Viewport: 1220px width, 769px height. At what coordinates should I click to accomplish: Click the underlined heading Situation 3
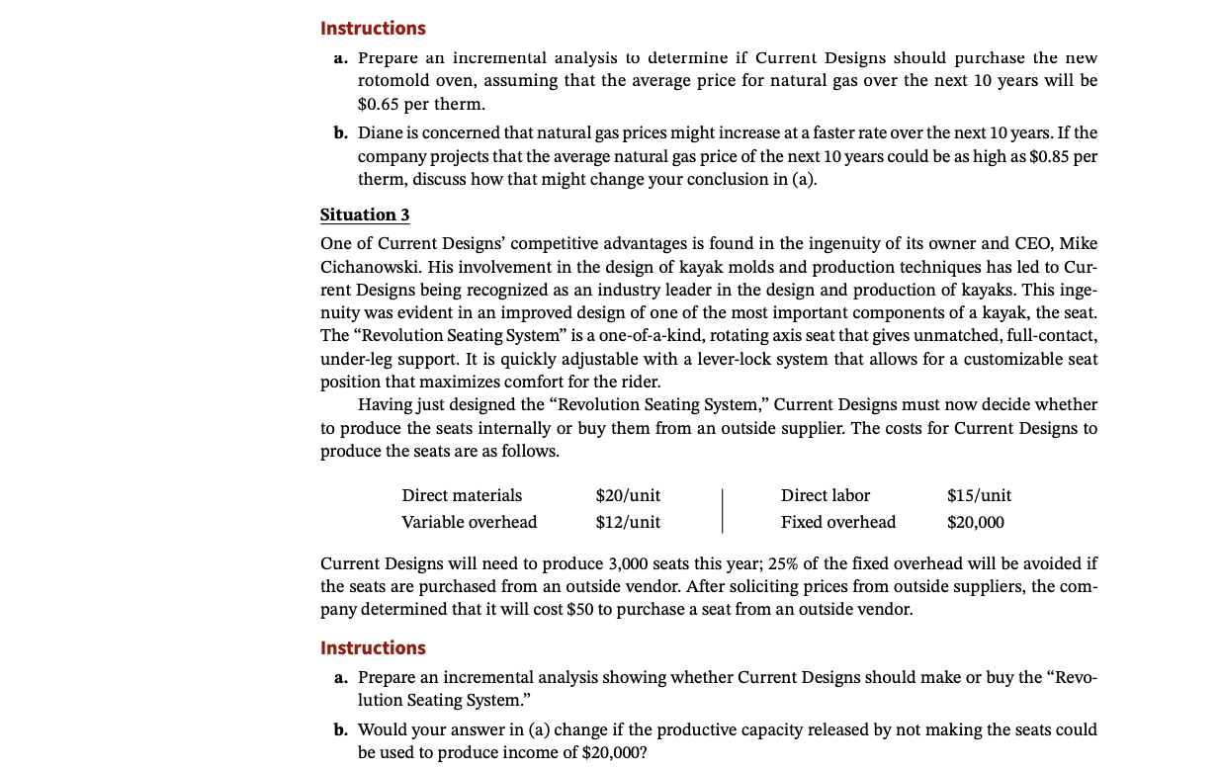point(364,214)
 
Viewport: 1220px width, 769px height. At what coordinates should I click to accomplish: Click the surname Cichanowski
point(369,267)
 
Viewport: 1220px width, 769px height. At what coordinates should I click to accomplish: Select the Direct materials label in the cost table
point(462,495)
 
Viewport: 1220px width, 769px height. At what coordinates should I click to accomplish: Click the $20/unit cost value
point(628,495)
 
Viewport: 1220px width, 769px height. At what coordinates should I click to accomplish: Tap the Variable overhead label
point(469,522)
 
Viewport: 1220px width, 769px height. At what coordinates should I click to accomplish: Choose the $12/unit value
point(628,522)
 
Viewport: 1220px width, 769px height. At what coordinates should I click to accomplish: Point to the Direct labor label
point(826,495)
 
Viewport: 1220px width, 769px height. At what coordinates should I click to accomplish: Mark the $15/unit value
point(979,495)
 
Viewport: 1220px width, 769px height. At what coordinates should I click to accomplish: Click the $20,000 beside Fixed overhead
point(975,522)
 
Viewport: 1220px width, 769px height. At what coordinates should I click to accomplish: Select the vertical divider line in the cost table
point(722,509)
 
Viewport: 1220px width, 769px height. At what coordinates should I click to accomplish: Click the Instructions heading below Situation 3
point(373,648)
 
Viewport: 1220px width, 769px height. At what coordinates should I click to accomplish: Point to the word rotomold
point(399,80)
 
